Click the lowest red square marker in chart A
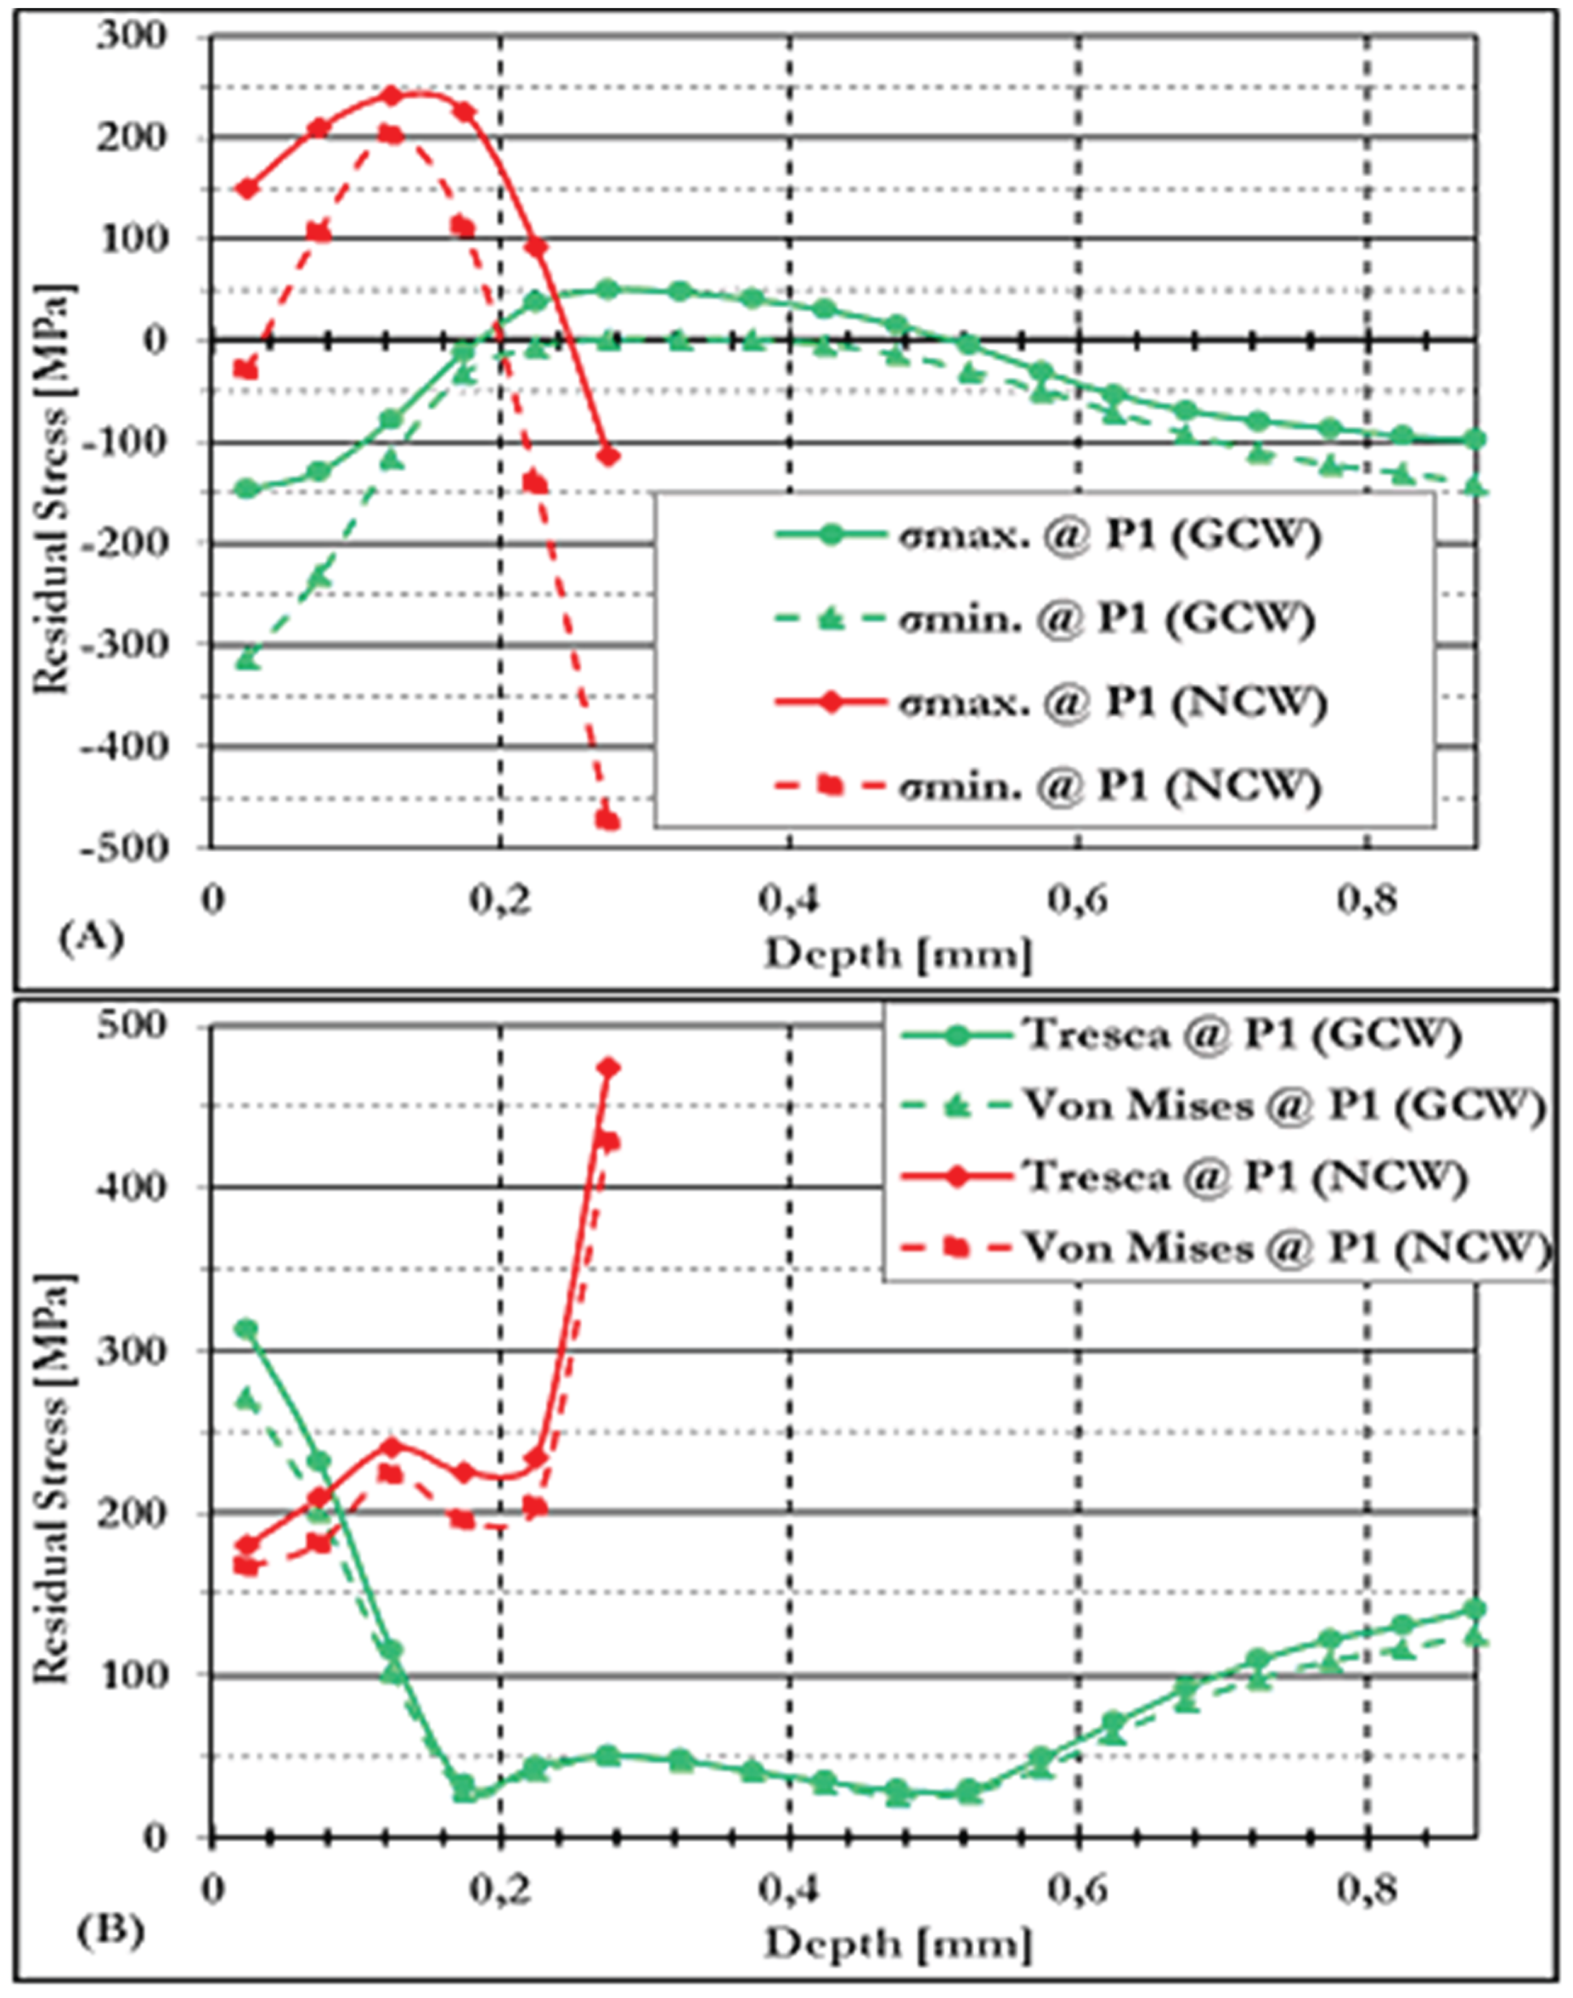point(607,820)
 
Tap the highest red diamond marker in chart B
point(608,1068)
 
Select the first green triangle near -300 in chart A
point(247,658)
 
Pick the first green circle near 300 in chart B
point(246,1328)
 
